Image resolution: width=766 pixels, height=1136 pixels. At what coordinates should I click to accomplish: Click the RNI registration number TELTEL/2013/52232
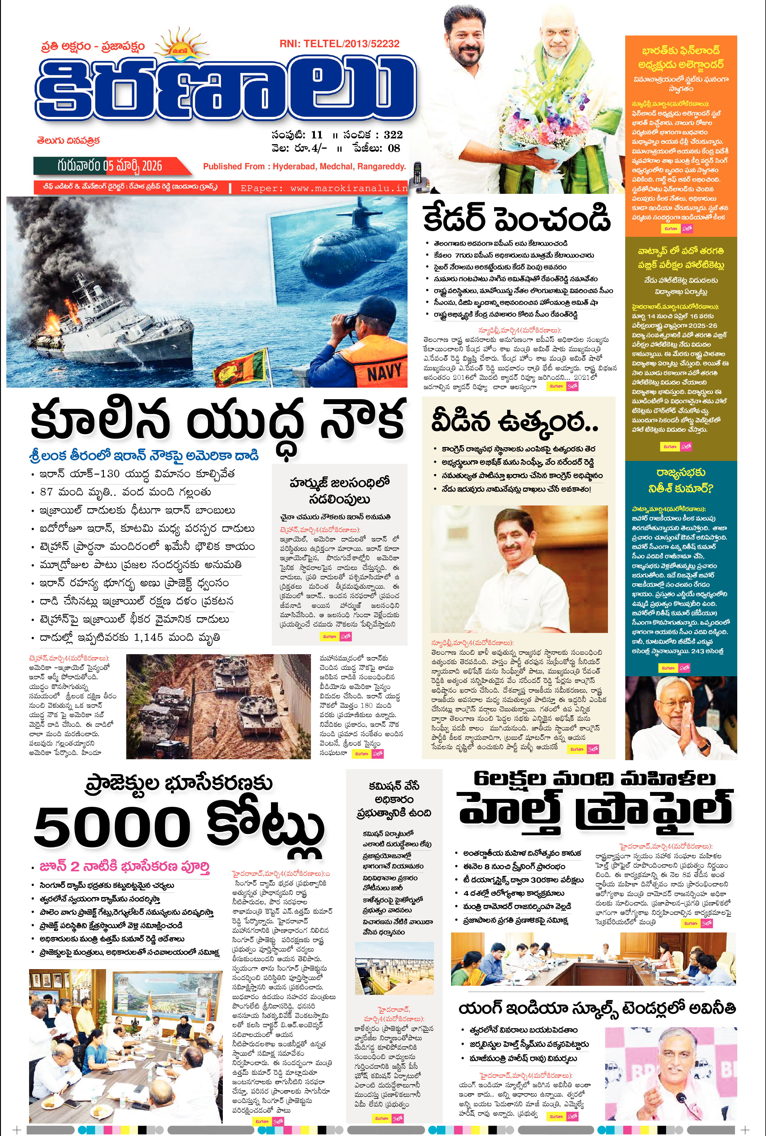[x=339, y=44]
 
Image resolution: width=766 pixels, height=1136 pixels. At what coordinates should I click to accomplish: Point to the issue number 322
[x=393, y=135]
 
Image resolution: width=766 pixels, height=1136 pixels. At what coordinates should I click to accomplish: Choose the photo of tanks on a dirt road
[x=218, y=707]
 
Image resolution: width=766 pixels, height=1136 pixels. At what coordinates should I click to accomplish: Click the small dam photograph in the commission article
[x=394, y=969]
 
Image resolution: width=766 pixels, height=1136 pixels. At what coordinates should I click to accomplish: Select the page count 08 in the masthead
[x=394, y=148]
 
